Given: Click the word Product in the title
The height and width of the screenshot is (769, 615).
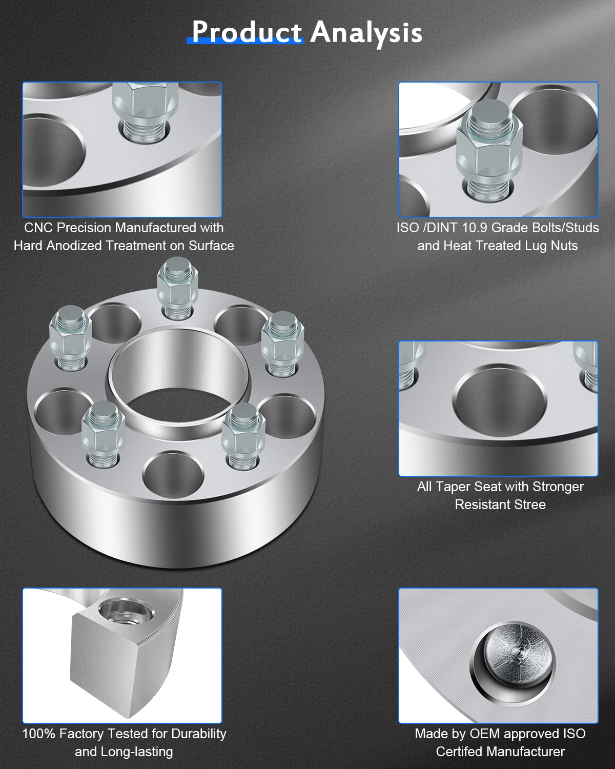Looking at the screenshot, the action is coord(247,32).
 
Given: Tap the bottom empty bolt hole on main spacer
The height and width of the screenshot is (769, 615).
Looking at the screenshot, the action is coord(173,474).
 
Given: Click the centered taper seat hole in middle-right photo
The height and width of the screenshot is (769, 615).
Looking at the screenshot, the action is coord(500,402).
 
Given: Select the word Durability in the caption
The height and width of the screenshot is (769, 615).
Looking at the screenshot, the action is coord(199,734).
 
